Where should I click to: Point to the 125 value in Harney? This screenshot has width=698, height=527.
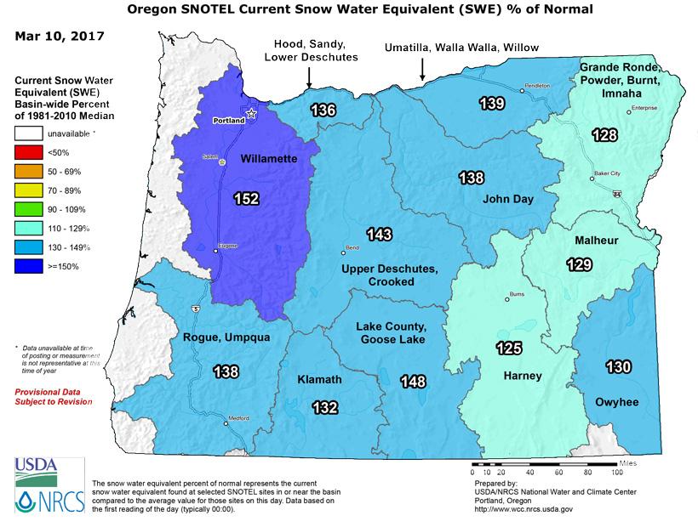pos(510,348)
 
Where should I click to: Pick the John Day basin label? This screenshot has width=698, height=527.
pos(507,200)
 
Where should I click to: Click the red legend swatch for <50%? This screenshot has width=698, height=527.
pos(29,152)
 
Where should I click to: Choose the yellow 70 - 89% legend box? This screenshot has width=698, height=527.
pos(29,190)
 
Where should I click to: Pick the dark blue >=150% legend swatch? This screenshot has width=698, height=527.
pos(29,264)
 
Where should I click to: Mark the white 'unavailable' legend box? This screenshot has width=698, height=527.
pos(29,133)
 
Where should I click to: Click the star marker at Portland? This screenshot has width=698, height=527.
pos(250,112)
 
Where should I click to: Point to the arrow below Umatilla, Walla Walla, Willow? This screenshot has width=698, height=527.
pos(421,76)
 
